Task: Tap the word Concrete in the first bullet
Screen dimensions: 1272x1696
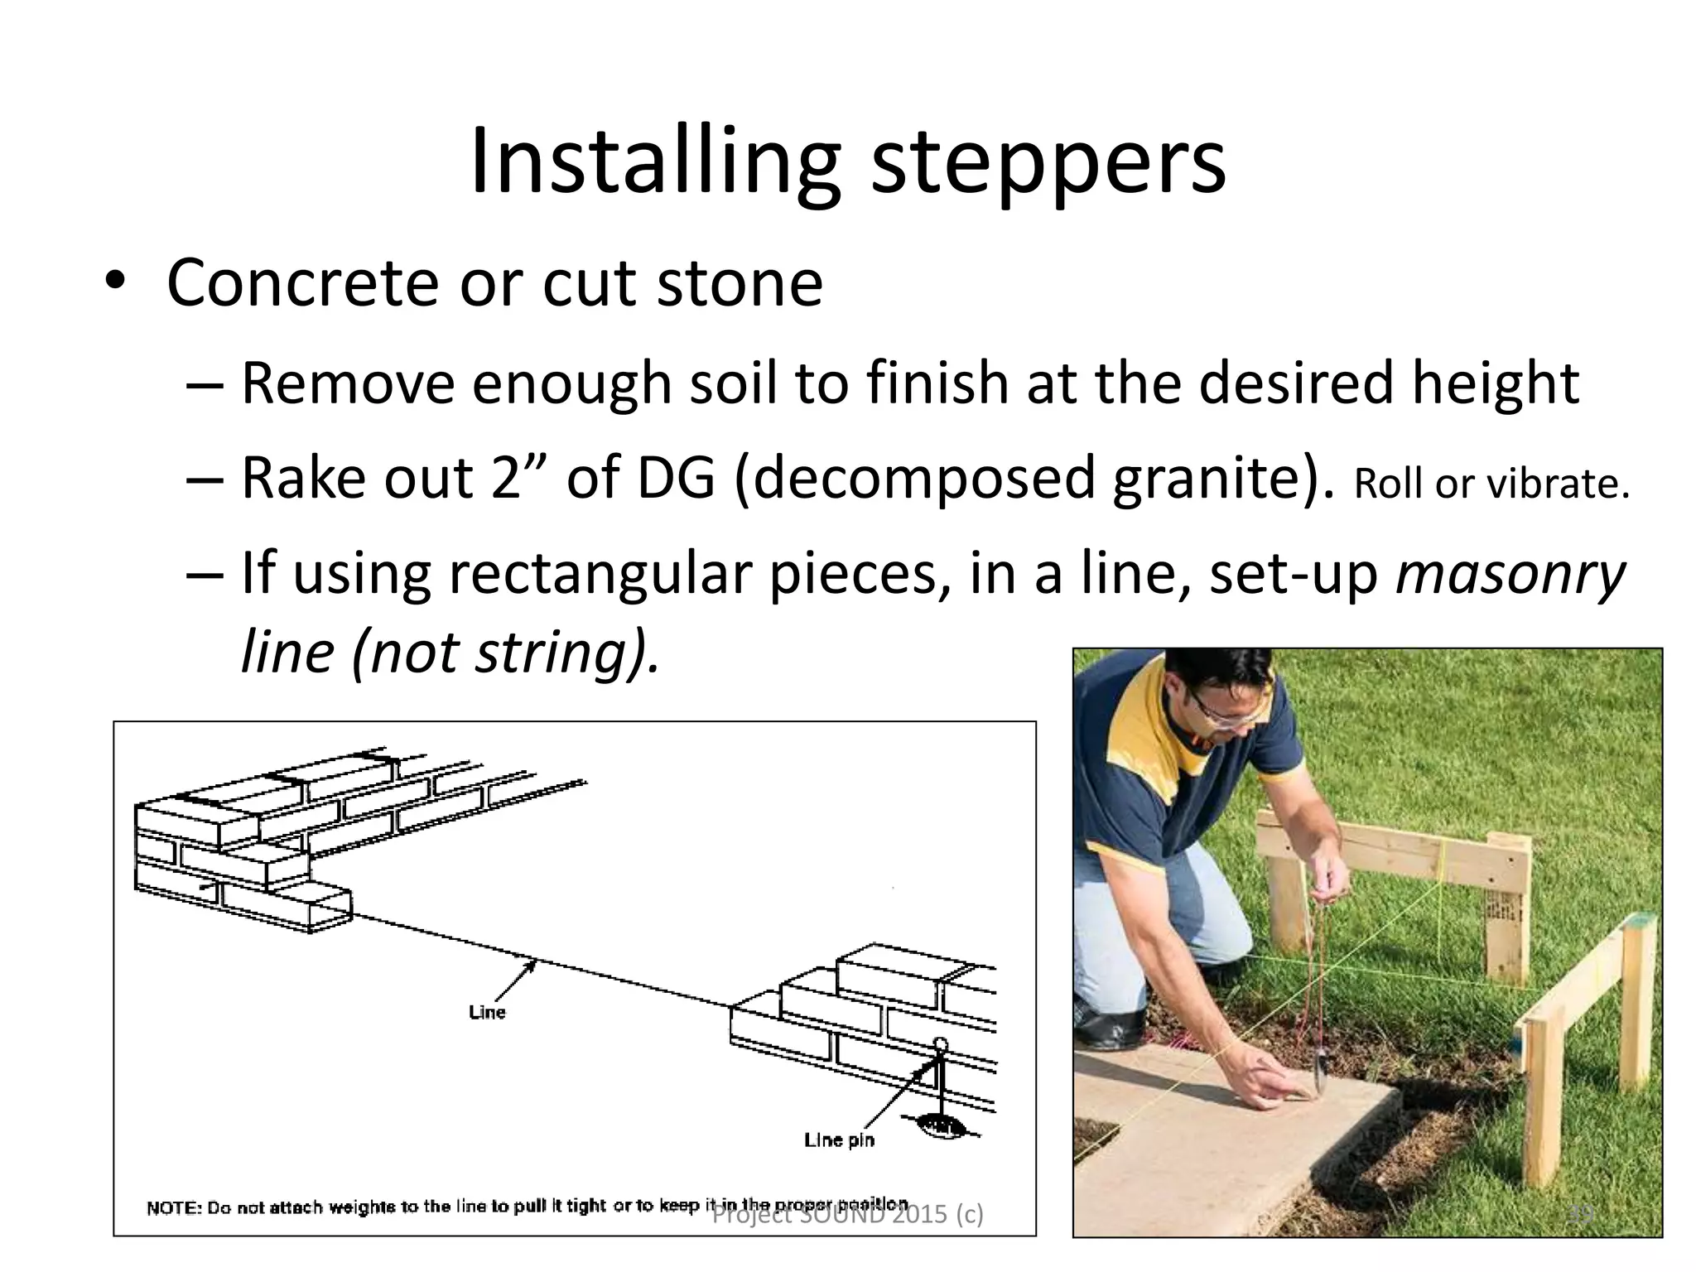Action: click(x=302, y=284)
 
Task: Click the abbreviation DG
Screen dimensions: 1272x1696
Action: click(x=676, y=479)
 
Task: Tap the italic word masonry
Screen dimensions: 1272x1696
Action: click(x=1510, y=576)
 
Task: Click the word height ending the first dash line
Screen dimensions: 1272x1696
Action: click(x=1495, y=383)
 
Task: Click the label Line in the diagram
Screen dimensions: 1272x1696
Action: click(x=486, y=1012)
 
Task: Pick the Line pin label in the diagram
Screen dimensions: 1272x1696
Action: click(x=838, y=1140)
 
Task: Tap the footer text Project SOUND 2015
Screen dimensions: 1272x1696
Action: click(x=846, y=1215)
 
